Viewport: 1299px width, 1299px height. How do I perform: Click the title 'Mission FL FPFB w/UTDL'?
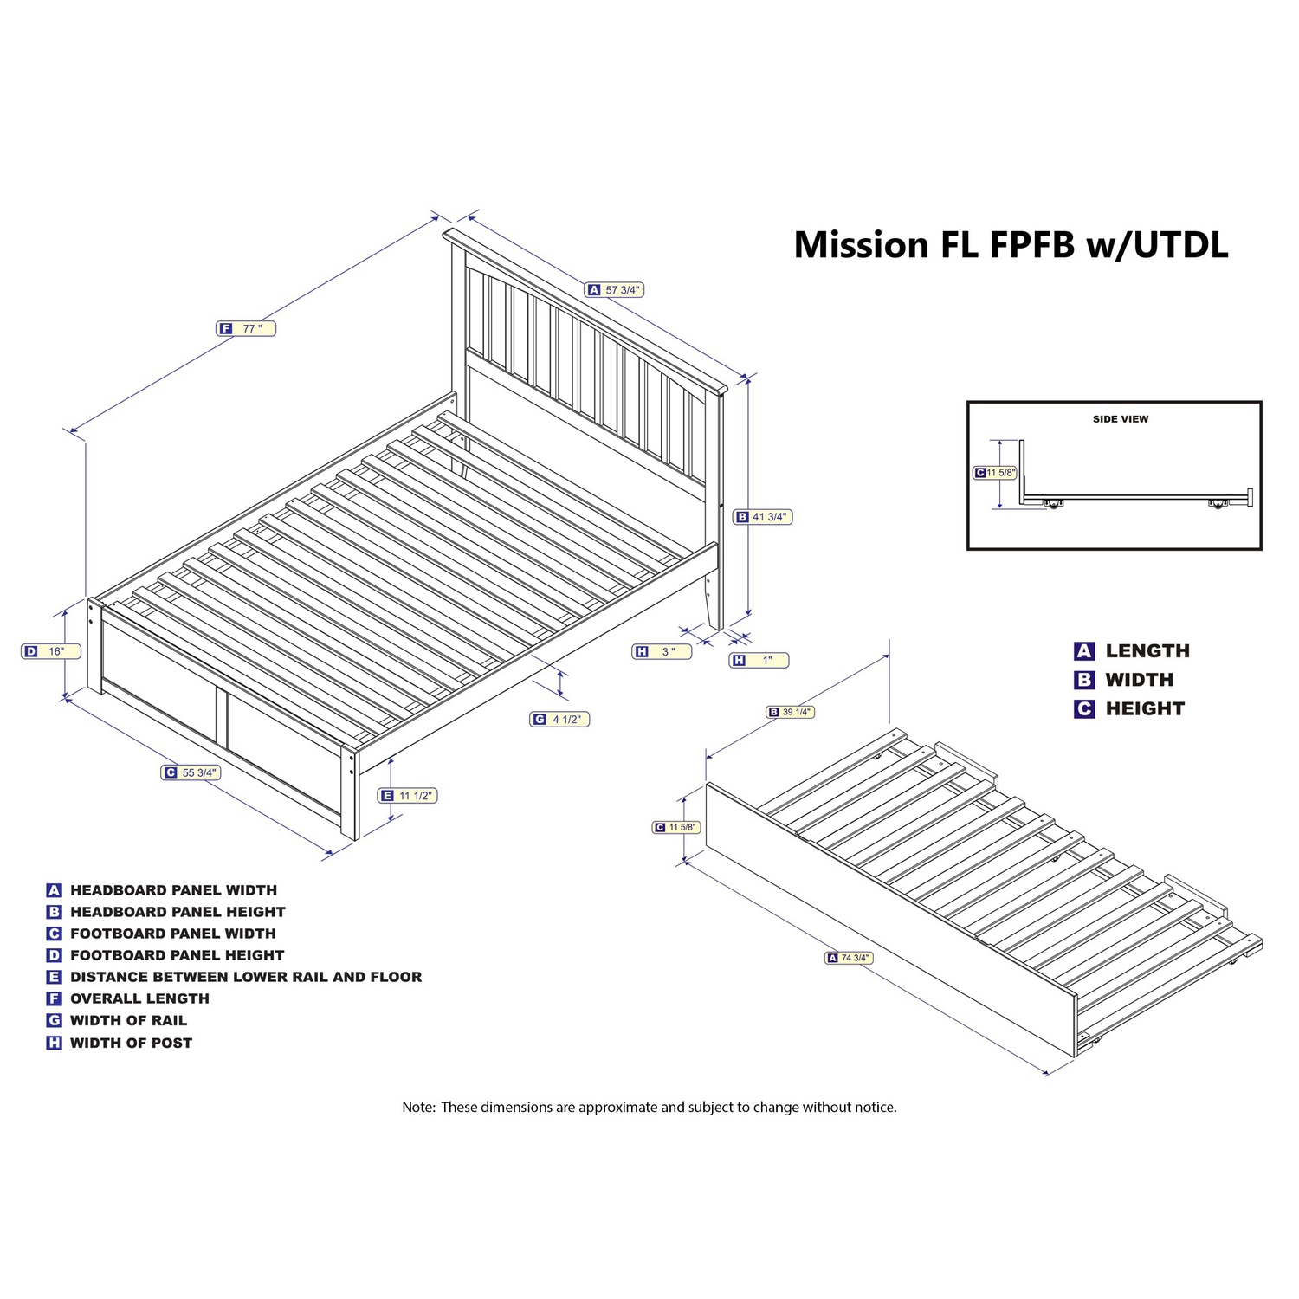coord(1011,245)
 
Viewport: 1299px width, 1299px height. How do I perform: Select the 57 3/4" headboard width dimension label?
coord(616,290)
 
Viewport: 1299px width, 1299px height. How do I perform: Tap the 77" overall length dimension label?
coord(246,328)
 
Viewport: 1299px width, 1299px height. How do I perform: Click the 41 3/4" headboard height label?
coord(763,517)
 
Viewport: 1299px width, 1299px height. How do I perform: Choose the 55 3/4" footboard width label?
coord(191,772)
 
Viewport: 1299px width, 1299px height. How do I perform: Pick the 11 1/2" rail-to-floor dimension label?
coord(408,795)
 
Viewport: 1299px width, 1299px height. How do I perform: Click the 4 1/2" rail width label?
coord(559,719)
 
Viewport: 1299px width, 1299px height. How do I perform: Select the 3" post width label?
coord(662,651)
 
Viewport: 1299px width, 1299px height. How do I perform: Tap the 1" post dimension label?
coord(759,660)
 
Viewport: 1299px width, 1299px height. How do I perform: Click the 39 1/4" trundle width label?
coord(791,712)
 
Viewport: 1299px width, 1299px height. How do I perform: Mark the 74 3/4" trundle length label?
coord(849,958)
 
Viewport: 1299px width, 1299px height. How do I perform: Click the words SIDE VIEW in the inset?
coord(1120,419)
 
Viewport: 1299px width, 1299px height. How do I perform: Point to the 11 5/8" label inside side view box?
coord(995,473)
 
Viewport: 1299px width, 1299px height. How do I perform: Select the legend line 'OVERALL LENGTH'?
coord(139,998)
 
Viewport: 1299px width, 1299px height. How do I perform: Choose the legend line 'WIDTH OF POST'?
coord(130,1043)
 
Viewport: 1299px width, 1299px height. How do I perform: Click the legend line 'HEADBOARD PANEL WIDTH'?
coord(172,890)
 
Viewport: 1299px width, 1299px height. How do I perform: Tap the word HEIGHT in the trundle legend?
coord(1144,708)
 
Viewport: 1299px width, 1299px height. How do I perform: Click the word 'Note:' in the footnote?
coord(418,1107)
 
